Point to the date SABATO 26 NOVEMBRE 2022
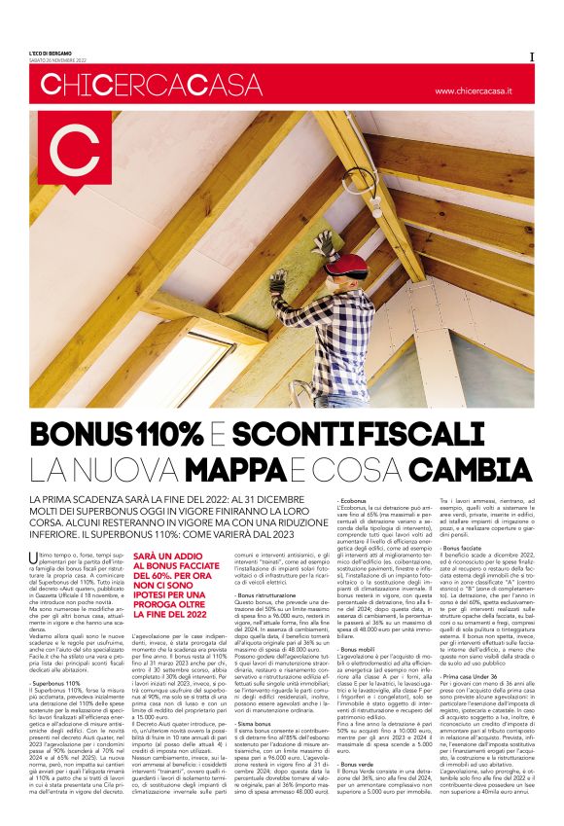tap(65, 58)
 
